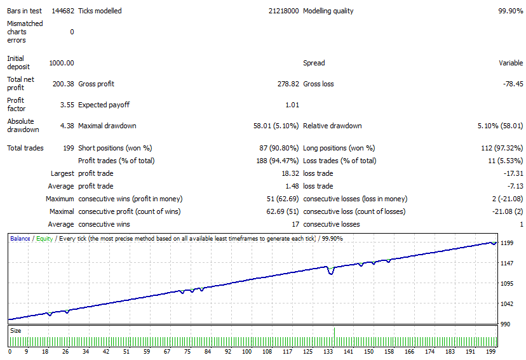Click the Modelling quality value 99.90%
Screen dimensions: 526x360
(x=510, y=11)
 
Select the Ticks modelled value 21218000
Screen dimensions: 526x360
(x=283, y=11)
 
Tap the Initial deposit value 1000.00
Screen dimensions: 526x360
(x=62, y=63)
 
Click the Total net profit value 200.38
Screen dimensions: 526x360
(x=63, y=84)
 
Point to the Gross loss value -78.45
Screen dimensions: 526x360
(x=513, y=84)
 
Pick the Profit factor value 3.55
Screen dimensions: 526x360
(x=67, y=105)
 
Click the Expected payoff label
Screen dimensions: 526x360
(x=104, y=105)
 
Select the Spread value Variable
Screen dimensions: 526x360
(x=511, y=63)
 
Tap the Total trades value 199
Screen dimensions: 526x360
(x=69, y=148)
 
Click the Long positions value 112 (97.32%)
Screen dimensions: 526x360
(x=502, y=148)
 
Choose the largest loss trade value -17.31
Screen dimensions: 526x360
(x=513, y=173)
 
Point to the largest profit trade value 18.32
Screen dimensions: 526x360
(x=290, y=173)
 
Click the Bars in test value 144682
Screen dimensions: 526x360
(x=63, y=11)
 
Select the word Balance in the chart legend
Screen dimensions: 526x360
(x=20, y=239)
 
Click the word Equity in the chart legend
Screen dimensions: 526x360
(x=44, y=239)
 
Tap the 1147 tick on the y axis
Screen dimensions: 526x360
(x=506, y=263)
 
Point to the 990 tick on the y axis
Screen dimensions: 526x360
(x=505, y=324)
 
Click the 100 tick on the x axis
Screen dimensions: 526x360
(x=246, y=352)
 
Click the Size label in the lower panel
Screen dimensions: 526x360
(x=15, y=331)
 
